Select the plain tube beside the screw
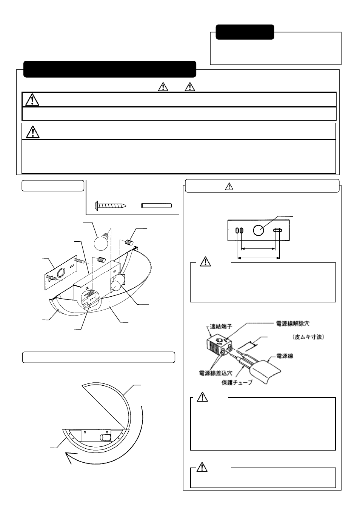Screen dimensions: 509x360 [156, 206]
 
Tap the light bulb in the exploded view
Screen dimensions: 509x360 [101, 241]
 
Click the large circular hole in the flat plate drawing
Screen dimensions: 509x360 [258, 230]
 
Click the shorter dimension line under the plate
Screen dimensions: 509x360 [258, 248]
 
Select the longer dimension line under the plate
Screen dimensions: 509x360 [258, 258]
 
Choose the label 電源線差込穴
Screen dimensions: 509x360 [215, 373]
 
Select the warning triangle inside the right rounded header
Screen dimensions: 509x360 [229, 186]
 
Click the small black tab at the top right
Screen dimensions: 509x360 [245, 32]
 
